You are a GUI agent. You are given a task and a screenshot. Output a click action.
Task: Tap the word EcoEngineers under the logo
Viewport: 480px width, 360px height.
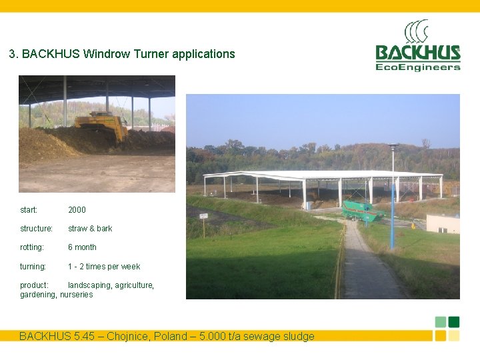click(x=418, y=67)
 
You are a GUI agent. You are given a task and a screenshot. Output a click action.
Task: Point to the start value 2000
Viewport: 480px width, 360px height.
click(x=77, y=210)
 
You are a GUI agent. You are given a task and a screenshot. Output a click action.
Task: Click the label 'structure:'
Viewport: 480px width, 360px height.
click(x=36, y=229)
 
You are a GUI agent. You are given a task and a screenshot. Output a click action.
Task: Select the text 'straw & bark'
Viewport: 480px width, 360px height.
click(x=90, y=229)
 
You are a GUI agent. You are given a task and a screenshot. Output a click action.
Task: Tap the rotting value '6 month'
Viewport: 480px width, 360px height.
click(x=82, y=247)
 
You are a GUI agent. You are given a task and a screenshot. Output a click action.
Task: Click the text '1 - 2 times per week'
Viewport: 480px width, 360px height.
click(x=104, y=267)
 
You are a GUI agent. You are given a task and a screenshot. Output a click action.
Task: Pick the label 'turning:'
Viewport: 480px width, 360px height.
click(x=33, y=267)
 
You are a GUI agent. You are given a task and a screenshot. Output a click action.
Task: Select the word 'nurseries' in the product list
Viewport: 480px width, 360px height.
click(x=77, y=295)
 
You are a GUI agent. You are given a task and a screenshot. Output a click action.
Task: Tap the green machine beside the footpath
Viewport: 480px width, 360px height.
click(x=363, y=211)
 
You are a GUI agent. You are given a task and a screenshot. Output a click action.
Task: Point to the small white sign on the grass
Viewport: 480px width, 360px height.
click(x=203, y=217)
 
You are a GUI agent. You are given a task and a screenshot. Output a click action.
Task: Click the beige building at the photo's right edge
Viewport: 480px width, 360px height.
click(x=443, y=223)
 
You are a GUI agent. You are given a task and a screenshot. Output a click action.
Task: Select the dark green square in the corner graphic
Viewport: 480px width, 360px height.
click(x=454, y=322)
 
